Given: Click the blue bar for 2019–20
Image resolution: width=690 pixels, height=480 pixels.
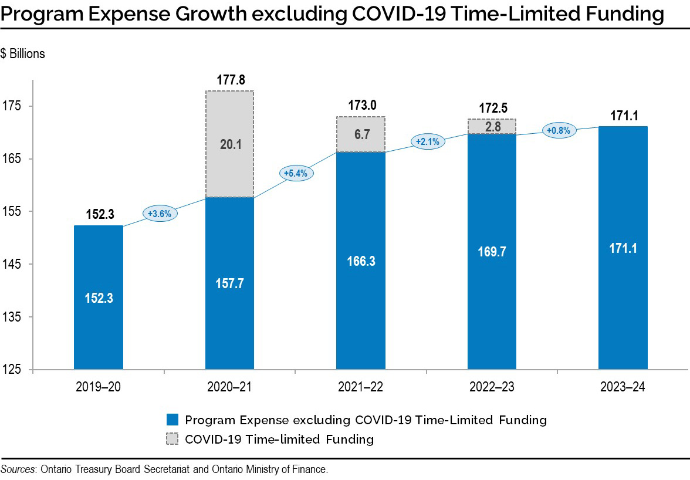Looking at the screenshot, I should [x=98, y=298].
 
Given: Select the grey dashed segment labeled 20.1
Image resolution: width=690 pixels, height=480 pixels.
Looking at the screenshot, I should [x=229, y=144].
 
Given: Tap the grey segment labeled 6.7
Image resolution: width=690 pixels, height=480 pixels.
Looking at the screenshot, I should [x=360, y=134].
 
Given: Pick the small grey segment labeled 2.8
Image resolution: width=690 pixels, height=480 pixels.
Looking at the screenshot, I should [x=492, y=127].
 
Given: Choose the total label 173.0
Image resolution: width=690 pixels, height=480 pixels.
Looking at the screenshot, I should [x=361, y=106].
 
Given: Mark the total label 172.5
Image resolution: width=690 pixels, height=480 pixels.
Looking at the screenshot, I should [x=493, y=109].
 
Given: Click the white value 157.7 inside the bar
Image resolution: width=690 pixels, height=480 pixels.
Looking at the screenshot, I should [x=229, y=283].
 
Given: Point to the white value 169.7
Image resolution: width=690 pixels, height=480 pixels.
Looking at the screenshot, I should [x=492, y=252].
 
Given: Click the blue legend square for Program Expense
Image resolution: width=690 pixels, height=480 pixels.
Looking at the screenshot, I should [x=172, y=420].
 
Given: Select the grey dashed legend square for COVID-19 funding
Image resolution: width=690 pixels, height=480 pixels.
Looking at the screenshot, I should [x=172, y=439].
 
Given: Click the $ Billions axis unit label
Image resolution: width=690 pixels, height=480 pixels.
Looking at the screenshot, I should [x=23, y=54].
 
